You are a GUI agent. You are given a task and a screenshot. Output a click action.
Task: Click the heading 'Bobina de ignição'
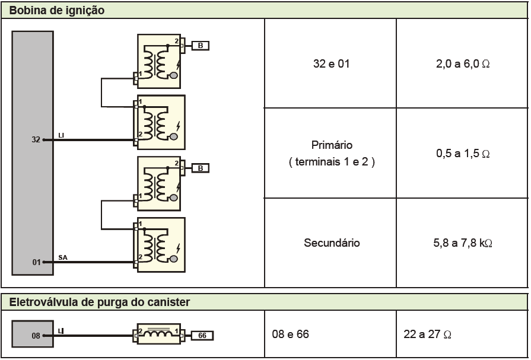coord(57,9)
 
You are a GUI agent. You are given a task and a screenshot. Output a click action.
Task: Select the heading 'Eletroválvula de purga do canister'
coord(99,302)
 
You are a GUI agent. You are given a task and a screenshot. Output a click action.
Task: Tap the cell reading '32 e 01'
coord(330,63)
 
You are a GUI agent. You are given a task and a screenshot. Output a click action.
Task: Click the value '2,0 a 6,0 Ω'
coord(462,63)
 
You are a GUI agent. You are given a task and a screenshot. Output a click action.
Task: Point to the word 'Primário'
coord(331,145)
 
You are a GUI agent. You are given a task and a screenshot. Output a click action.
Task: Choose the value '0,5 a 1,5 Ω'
coord(462,154)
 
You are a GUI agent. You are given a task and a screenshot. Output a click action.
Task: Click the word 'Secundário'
coord(331,243)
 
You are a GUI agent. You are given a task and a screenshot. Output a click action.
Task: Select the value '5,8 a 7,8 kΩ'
coord(463,243)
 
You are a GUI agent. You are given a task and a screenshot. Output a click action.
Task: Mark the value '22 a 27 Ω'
coord(427,334)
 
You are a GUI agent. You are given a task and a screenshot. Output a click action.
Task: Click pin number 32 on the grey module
coord(36,141)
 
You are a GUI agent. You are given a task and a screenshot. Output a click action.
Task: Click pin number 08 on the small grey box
coord(36,336)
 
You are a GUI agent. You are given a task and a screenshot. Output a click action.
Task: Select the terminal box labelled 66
coord(202,336)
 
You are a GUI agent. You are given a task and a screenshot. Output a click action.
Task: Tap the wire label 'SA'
coord(63,257)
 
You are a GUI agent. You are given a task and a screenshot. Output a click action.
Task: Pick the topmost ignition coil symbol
coord(158,61)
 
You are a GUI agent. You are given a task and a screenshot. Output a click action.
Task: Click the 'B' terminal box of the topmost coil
coord(200,45)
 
